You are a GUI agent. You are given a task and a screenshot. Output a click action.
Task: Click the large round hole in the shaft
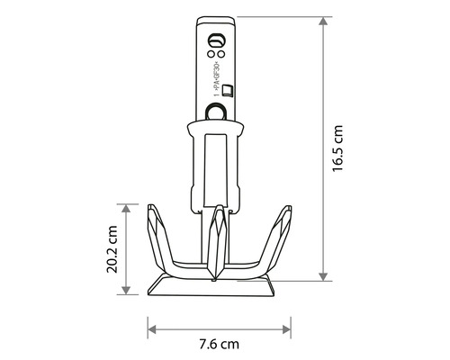[215, 111]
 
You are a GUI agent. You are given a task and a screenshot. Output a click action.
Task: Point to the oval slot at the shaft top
[214, 41]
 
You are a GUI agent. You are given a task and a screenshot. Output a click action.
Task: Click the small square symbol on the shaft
[226, 88]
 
